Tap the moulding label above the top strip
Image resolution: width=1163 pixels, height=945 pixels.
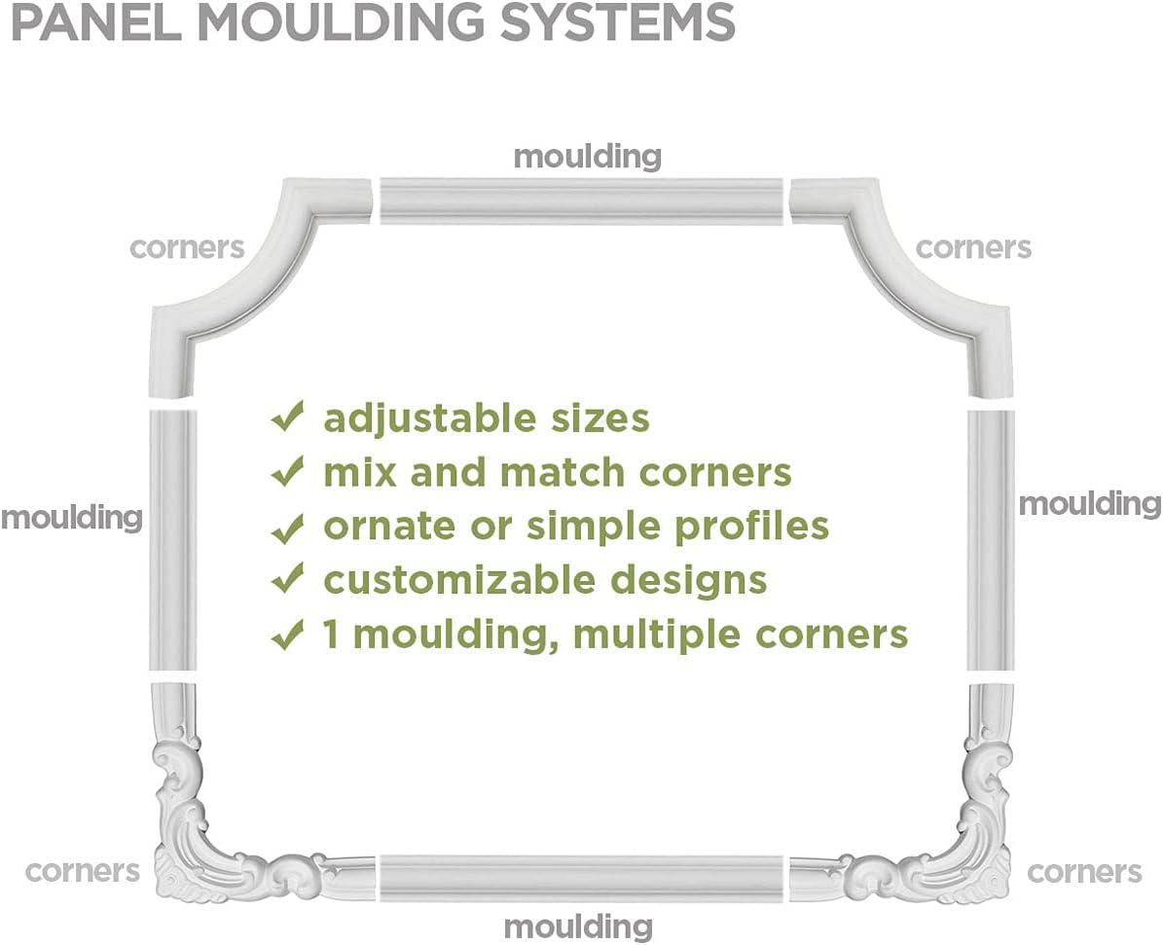tap(587, 156)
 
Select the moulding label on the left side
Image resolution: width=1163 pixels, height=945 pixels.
tap(72, 517)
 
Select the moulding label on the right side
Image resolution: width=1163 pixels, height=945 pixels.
tap(1089, 503)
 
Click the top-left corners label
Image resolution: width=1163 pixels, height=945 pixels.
tap(187, 247)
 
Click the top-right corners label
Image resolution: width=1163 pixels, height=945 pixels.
tap(973, 247)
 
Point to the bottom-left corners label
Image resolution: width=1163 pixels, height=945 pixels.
tap(83, 870)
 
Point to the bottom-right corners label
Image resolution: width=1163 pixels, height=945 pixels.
tap(1084, 870)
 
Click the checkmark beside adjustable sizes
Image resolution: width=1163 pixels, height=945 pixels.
tap(287, 418)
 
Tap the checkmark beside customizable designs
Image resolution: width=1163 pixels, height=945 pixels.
tap(287, 580)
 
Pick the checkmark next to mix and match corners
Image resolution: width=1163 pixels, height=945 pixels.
tap(287, 472)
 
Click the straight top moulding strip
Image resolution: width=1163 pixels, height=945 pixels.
tap(581, 200)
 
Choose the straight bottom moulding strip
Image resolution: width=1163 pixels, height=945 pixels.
tap(581, 878)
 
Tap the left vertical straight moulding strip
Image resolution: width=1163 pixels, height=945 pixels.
tap(172, 540)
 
